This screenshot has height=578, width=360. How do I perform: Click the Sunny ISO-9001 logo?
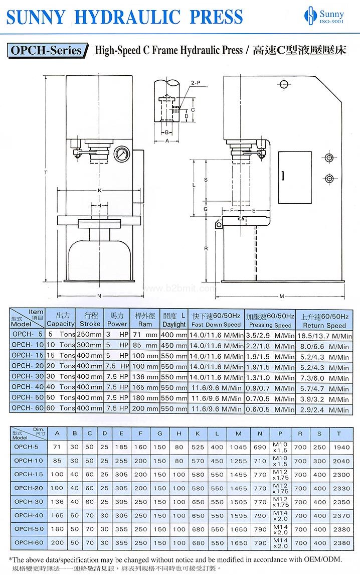point(324,16)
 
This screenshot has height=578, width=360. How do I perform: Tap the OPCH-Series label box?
point(48,51)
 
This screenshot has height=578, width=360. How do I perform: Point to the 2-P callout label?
point(196,83)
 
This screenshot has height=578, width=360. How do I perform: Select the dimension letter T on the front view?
point(46,173)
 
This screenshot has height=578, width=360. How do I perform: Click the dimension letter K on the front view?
point(99,191)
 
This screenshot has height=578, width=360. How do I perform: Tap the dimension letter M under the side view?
point(282,296)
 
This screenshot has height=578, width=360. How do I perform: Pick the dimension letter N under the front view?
point(99,296)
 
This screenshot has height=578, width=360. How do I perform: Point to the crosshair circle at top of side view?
point(284,84)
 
